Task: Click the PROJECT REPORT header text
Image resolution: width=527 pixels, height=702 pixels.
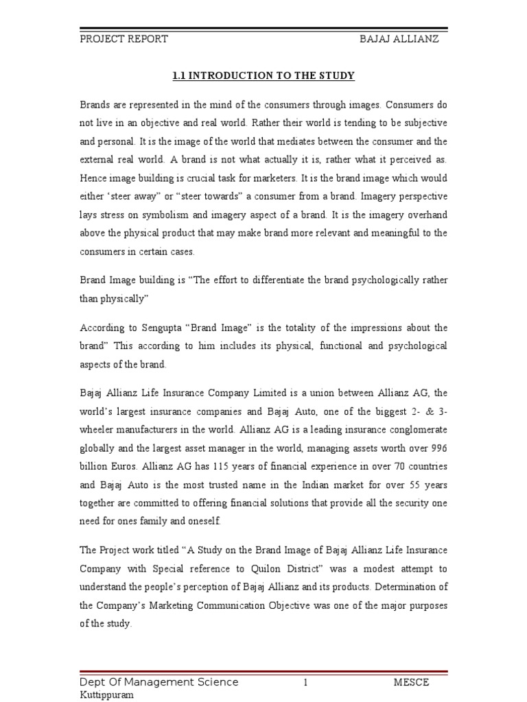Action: click(123, 39)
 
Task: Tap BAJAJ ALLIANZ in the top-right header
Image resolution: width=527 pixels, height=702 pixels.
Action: click(399, 39)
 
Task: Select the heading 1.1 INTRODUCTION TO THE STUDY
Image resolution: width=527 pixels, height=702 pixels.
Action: click(263, 75)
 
